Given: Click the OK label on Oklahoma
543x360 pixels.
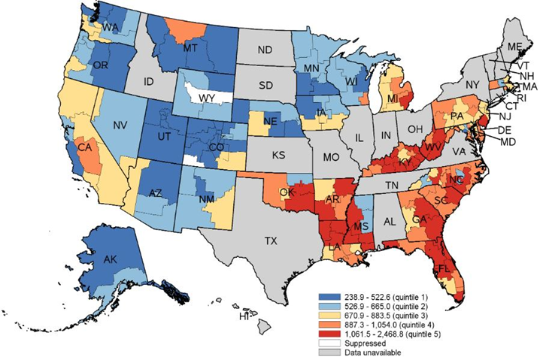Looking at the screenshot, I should (287, 193).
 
